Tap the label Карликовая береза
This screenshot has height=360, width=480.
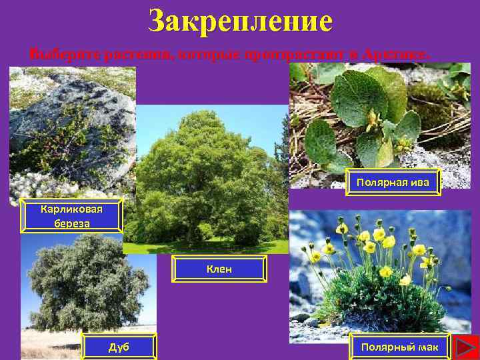click(x=71, y=216)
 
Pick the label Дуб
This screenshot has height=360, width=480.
click(x=119, y=347)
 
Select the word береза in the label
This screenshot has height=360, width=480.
click(x=71, y=223)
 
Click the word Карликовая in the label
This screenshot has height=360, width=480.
click(x=71, y=209)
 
